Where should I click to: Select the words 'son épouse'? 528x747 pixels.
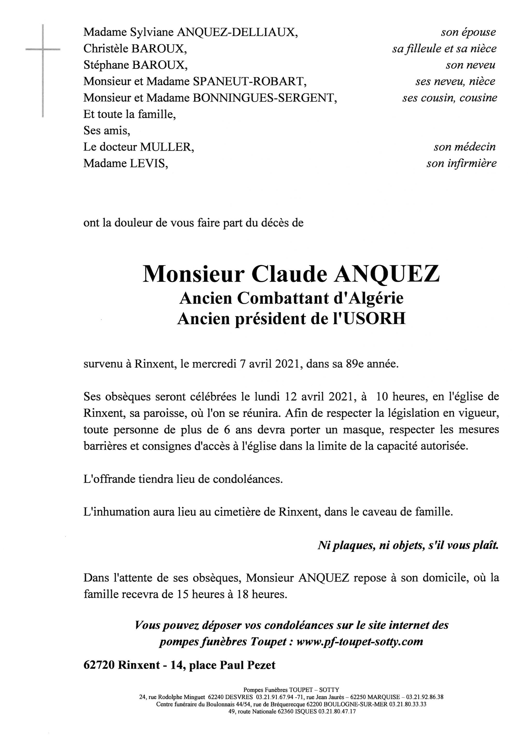[468, 32]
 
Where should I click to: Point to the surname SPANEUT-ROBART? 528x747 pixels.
[249, 81]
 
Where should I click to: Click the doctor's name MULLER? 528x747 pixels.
[167, 147]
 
